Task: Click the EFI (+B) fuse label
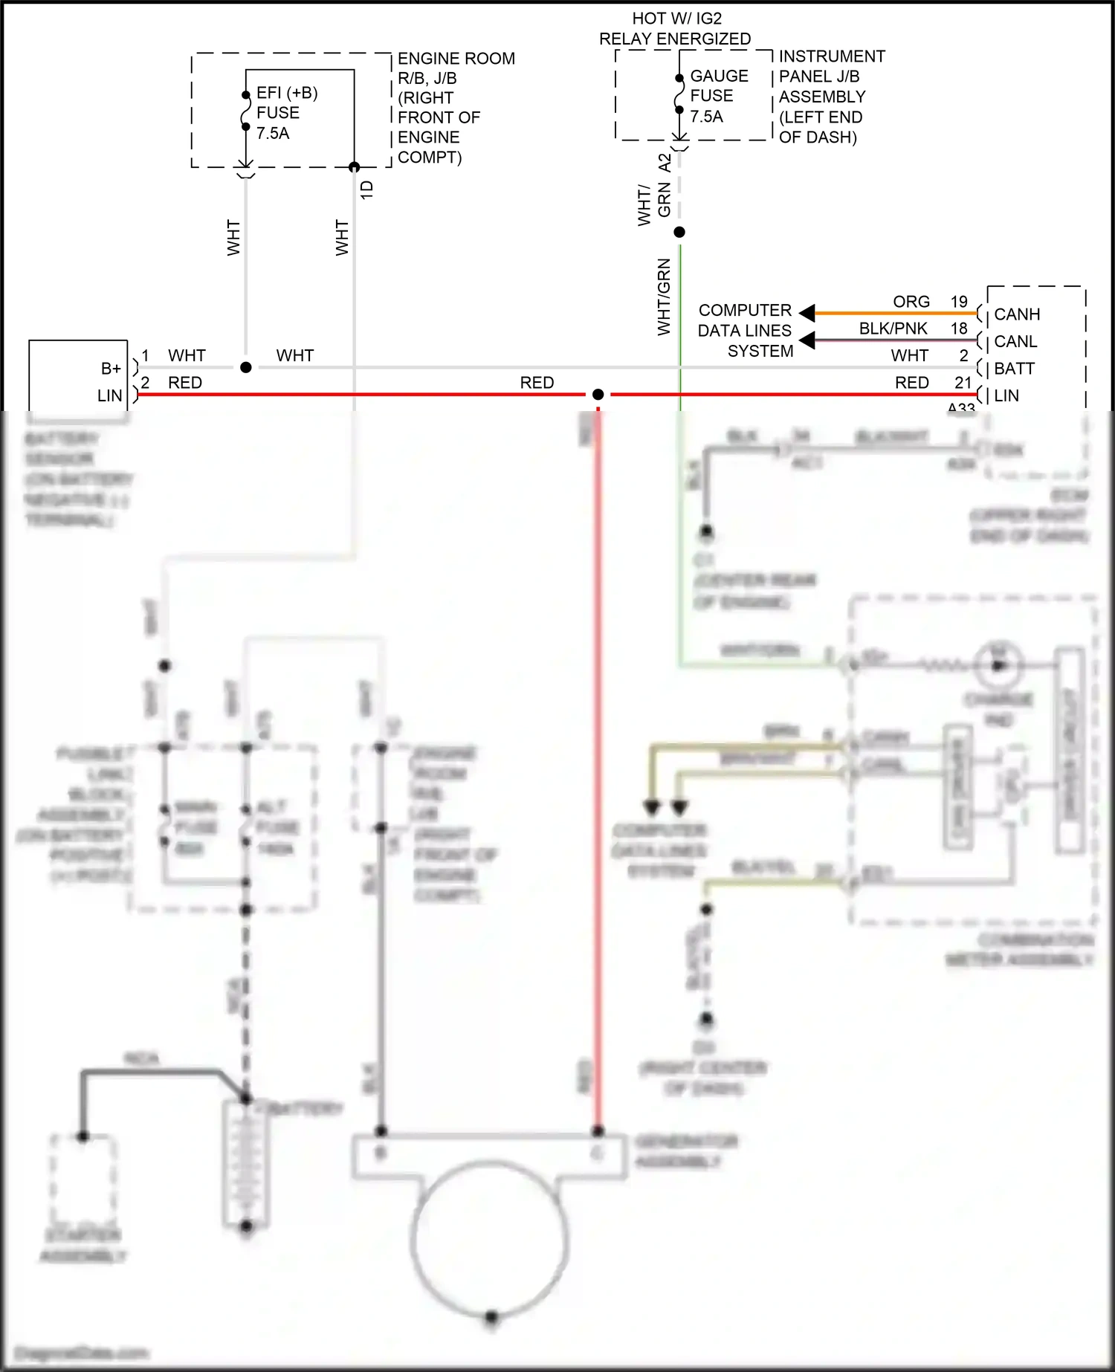pyautogui.click(x=286, y=94)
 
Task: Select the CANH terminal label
pyautogui.click(x=1017, y=314)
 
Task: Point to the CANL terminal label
pyautogui.click(x=1015, y=342)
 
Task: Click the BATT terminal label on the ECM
pyautogui.click(x=1014, y=369)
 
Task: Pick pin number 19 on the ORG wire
pyautogui.click(x=959, y=302)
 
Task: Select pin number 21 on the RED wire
pyautogui.click(x=963, y=383)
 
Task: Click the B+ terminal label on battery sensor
pyautogui.click(x=111, y=369)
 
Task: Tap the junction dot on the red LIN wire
pyautogui.click(x=598, y=395)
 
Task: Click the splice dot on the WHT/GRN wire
pyautogui.click(x=679, y=233)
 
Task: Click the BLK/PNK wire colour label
pyautogui.click(x=893, y=329)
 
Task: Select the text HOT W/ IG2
pyautogui.click(x=676, y=19)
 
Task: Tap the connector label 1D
pyautogui.click(x=366, y=190)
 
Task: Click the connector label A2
pyautogui.click(x=665, y=163)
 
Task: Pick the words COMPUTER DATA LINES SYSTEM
pyautogui.click(x=745, y=331)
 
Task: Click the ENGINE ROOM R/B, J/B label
pyautogui.click(x=455, y=68)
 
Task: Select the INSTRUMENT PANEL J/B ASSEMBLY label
pyautogui.click(x=822, y=77)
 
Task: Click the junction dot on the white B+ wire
pyautogui.click(x=246, y=368)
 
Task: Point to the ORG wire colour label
pyautogui.click(x=911, y=302)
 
